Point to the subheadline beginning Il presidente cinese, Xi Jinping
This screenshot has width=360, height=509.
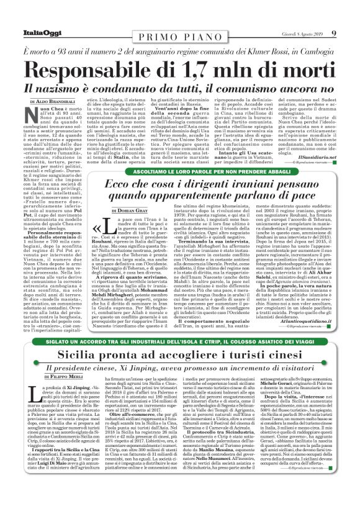(x=179, y=367)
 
